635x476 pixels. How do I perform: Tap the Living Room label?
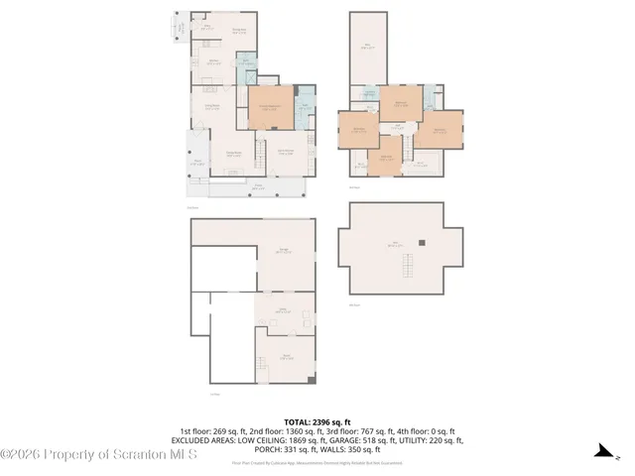[x=212, y=107]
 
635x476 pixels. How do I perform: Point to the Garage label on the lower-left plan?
[x=283, y=250]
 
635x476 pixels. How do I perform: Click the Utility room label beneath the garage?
[x=282, y=310]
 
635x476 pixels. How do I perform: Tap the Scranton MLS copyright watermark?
[x=99, y=454]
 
